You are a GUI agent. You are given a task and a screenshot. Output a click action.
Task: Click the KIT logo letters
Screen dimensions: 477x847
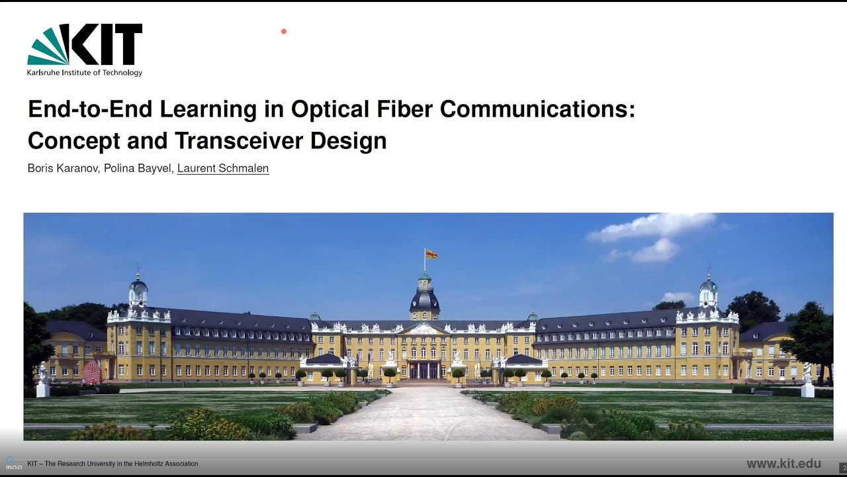point(106,45)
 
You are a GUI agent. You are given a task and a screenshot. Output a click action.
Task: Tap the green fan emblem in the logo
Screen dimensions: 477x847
point(48,48)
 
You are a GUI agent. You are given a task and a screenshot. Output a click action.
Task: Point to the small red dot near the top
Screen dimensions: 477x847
point(283,31)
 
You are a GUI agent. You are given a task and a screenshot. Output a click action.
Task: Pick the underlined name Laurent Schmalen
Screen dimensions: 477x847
point(223,168)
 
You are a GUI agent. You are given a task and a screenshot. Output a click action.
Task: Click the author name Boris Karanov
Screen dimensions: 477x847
point(62,168)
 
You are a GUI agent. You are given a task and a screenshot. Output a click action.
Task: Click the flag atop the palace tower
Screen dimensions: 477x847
point(431,254)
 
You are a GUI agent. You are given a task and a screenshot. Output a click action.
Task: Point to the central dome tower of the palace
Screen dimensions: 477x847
point(424,295)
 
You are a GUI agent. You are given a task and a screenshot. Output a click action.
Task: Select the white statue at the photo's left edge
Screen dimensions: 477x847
point(43,379)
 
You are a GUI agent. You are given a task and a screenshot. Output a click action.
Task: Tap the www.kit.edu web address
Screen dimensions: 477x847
point(783,464)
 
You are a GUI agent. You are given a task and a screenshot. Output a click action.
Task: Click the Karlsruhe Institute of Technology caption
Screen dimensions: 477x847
point(85,73)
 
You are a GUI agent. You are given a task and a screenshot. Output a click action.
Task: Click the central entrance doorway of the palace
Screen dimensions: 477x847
point(423,370)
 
